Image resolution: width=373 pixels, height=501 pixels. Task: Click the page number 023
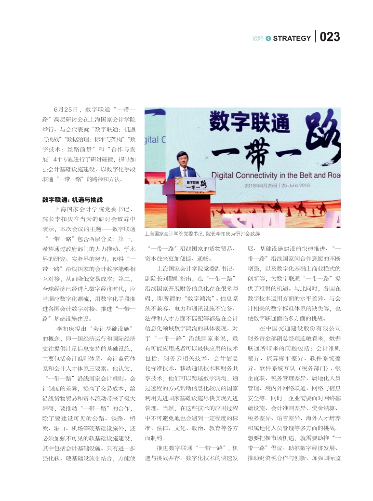point(330,37)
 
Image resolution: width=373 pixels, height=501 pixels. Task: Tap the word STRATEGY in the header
point(292,38)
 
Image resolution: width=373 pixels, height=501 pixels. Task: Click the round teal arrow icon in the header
point(268,38)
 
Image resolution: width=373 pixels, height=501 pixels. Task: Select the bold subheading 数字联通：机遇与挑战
point(72,199)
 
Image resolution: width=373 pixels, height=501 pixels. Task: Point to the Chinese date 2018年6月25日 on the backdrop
point(261,185)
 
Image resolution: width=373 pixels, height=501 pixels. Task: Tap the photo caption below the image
point(202,233)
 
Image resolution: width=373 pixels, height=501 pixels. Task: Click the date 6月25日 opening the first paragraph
point(66,110)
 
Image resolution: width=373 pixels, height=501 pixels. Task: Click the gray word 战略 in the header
point(258,38)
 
